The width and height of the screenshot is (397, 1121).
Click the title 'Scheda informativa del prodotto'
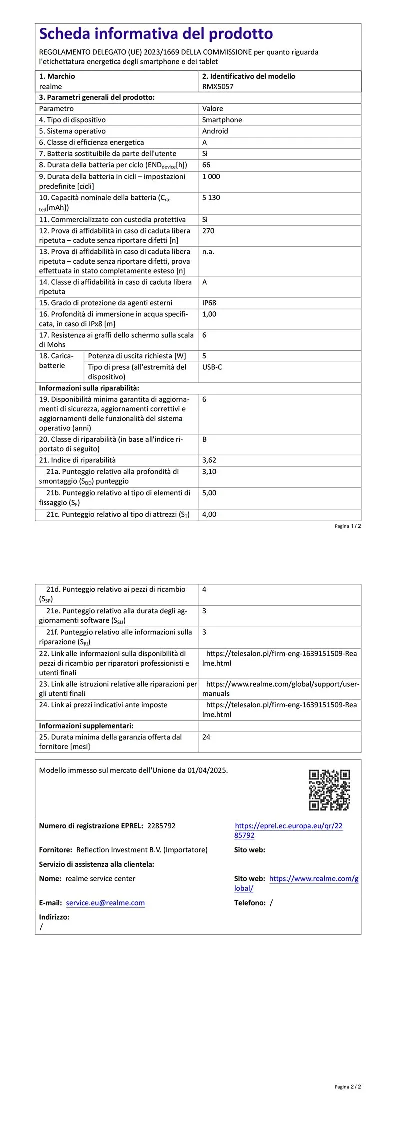156,34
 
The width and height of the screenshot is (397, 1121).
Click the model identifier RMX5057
217,86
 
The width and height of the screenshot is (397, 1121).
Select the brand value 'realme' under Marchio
50,86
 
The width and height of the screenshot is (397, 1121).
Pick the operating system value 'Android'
215,131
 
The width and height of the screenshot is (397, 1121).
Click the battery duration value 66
206,165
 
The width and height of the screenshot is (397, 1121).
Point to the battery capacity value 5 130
211,198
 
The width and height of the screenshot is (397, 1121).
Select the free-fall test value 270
208,231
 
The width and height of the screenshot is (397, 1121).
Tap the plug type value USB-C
212,367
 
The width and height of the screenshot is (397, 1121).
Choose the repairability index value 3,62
209,460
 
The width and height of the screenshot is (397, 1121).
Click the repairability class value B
205,439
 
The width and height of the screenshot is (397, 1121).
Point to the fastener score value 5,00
209,493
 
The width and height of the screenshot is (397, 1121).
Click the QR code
329,790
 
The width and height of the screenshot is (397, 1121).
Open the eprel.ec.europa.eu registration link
288,830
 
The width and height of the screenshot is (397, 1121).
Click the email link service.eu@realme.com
105,903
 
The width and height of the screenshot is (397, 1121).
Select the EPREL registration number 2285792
161,826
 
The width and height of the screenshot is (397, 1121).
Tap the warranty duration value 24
206,737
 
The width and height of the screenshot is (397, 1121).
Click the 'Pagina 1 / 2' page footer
348,526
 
